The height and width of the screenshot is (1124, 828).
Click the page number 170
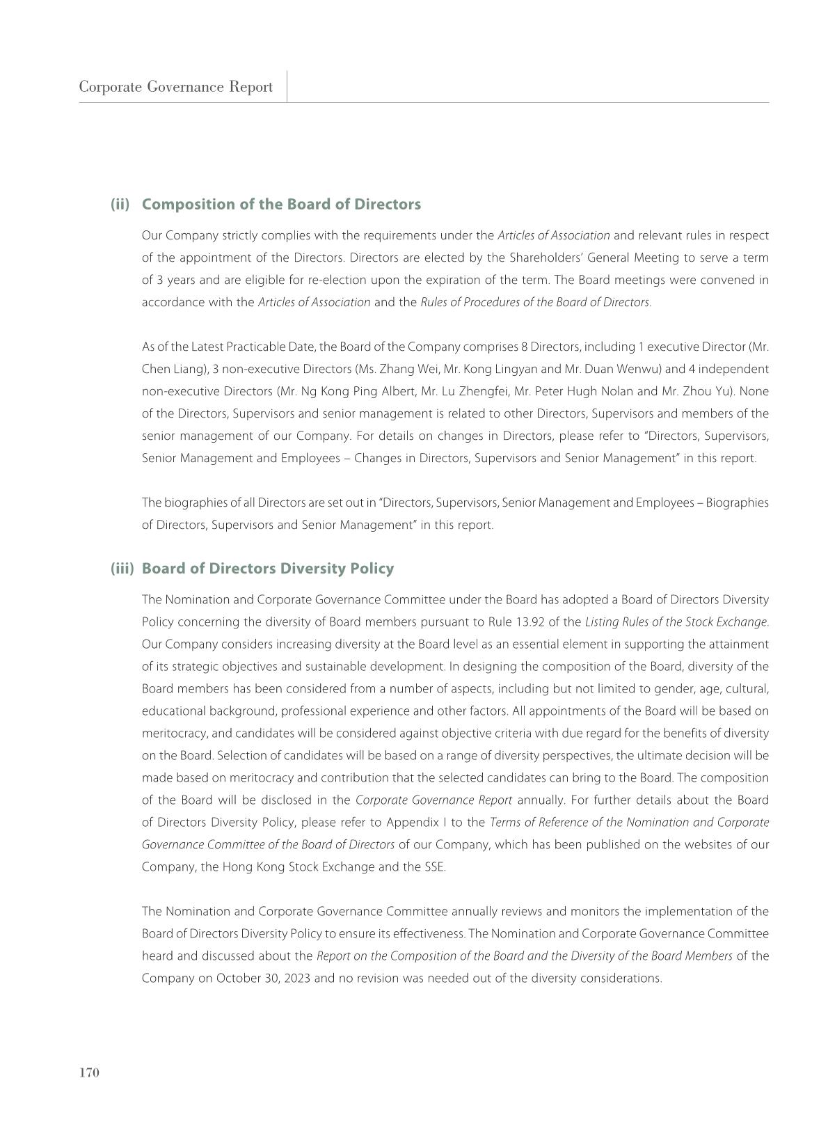pyautogui.click(x=89, y=1072)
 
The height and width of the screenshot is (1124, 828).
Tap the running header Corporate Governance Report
pyautogui.click(x=175, y=87)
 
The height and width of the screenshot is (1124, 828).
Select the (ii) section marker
pyautogui.click(x=120, y=205)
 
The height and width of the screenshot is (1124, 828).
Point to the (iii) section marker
pyautogui.click(x=122, y=569)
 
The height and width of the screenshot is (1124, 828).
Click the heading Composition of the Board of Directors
pyautogui.click(x=281, y=205)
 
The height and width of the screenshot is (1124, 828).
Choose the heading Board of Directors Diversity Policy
pyautogui.click(x=267, y=569)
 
